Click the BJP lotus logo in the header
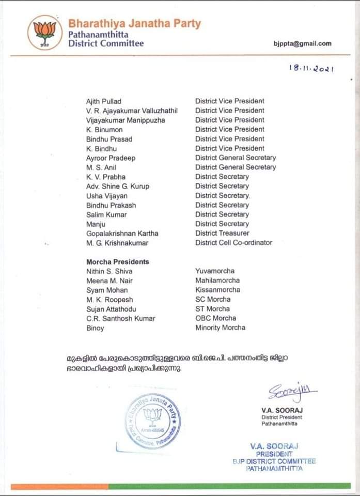[x=45, y=33]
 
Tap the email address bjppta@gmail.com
[x=302, y=44]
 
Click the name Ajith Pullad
[x=104, y=101]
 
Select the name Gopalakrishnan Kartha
[x=122, y=234]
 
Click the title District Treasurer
[x=222, y=234]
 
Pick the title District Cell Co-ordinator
[x=233, y=243]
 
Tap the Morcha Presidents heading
[x=118, y=262]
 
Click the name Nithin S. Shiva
[x=109, y=271]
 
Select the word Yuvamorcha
[x=215, y=271]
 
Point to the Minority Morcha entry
[x=221, y=328]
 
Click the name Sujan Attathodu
[x=112, y=309]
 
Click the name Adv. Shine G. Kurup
[x=118, y=186]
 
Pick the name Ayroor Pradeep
[x=111, y=158]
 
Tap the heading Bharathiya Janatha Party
[x=135, y=24]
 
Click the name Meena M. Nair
[x=109, y=281]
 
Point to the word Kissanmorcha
[x=217, y=290]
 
